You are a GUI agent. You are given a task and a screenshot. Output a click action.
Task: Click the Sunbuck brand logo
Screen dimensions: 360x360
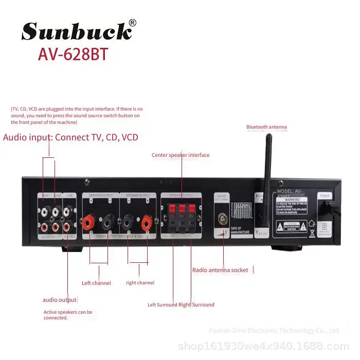pyautogui.click(x=76, y=32)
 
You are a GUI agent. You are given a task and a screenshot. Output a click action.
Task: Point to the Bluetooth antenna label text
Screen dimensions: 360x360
pyautogui.click(x=266, y=127)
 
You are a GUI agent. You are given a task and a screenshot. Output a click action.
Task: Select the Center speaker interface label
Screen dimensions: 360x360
pyautogui.click(x=181, y=155)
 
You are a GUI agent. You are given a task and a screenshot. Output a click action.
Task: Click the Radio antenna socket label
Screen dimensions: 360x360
pyautogui.click(x=220, y=270)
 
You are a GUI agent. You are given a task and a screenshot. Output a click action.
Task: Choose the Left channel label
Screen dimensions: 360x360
pyautogui.click(x=96, y=283)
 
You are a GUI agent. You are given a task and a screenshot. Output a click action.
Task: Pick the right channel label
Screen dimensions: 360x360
pyautogui.click(x=140, y=283)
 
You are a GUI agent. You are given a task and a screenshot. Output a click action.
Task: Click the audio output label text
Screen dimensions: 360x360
pyautogui.click(x=60, y=300)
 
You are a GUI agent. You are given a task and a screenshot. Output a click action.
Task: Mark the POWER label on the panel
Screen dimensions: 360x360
pyautogui.click(x=325, y=196)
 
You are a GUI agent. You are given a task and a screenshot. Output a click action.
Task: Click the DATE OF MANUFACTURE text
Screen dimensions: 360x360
pyautogui.click(x=240, y=230)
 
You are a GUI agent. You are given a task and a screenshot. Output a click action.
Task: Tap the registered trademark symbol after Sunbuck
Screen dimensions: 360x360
pyautogui.click(x=132, y=23)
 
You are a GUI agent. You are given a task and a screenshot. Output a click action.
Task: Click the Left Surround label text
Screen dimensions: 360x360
pyautogui.click(x=162, y=304)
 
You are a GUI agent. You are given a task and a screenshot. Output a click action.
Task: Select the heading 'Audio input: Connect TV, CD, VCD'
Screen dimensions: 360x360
pyautogui.click(x=70, y=137)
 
